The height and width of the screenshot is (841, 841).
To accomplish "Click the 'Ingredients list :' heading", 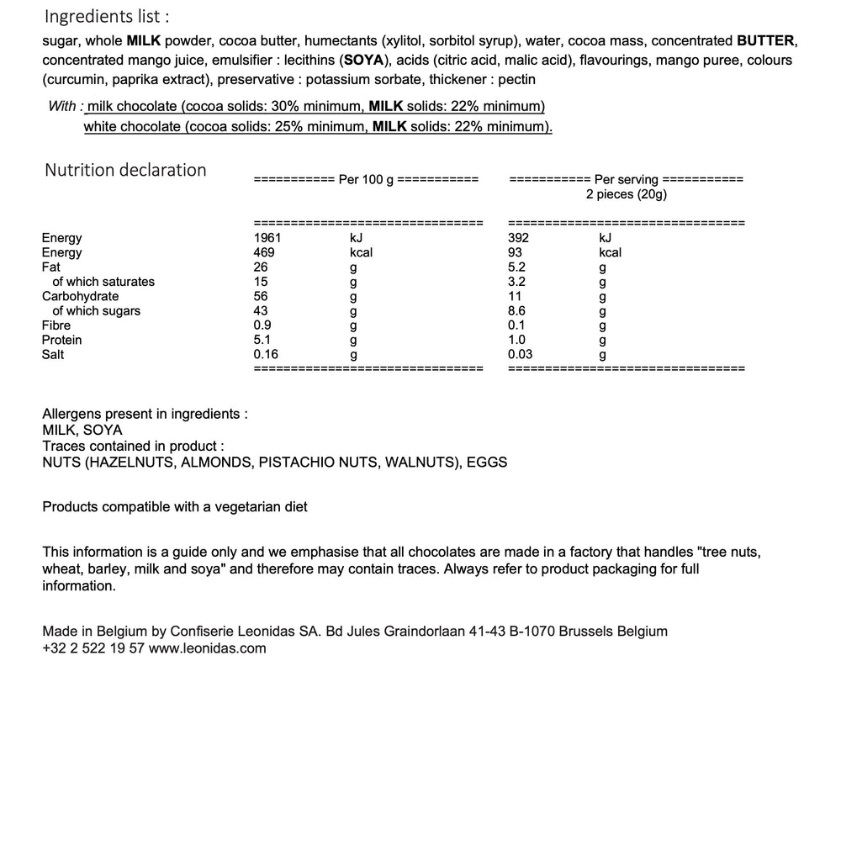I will [x=105, y=17].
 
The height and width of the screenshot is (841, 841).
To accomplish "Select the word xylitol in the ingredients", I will [x=405, y=40].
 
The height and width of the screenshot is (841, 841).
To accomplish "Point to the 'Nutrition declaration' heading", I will [x=125, y=170].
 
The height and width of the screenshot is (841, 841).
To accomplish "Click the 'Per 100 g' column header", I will [x=366, y=179].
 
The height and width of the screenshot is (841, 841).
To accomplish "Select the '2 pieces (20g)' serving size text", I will [x=627, y=194].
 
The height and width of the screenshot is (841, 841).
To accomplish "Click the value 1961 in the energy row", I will [x=267, y=238].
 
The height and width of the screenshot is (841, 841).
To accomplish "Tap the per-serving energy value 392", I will [x=519, y=238].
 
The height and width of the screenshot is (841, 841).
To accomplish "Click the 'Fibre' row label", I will [x=56, y=325].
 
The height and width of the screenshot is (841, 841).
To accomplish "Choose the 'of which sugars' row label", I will [x=96, y=311].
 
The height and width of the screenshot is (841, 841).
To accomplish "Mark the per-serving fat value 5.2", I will [x=516, y=267].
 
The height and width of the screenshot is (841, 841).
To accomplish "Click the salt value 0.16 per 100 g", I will [x=267, y=354].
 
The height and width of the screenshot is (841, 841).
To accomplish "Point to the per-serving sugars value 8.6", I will [x=516, y=311].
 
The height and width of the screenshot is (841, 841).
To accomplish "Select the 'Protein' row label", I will [x=62, y=340].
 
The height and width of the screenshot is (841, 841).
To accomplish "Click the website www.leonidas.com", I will [x=208, y=648].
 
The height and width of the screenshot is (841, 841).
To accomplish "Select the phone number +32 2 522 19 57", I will [x=93, y=648].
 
